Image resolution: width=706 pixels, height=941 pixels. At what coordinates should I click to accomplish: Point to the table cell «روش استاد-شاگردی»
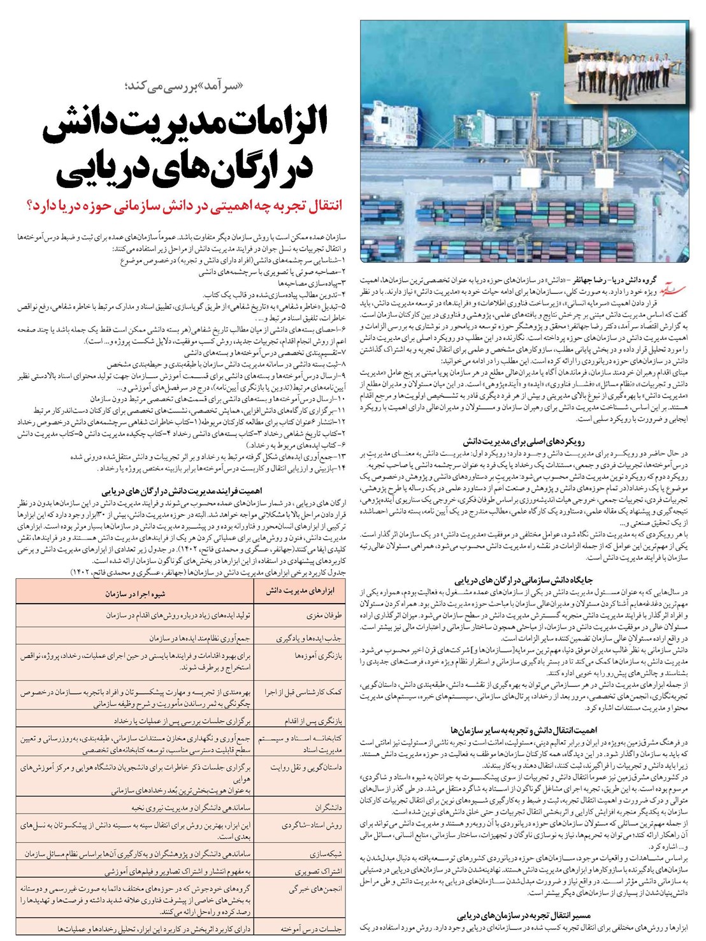click(312, 826)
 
